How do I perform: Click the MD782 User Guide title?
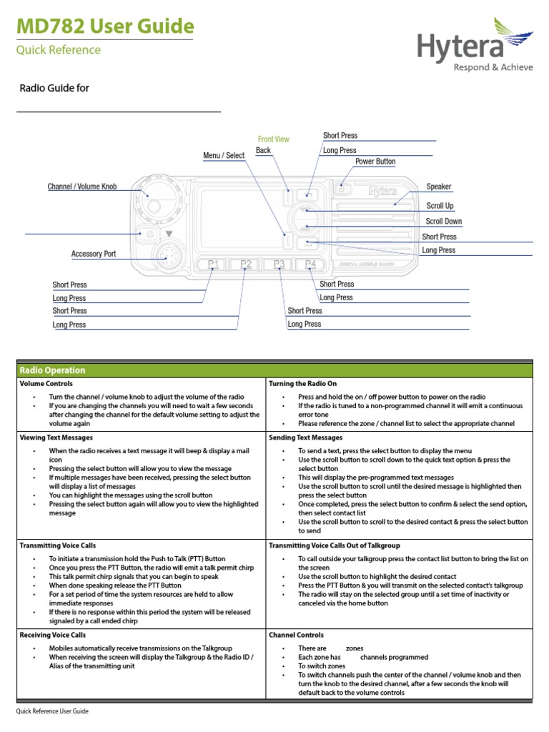[104, 27]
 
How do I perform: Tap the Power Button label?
[375, 162]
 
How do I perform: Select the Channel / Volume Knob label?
[81, 187]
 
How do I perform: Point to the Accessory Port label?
[93, 254]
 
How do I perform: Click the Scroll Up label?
[440, 206]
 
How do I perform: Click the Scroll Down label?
[444, 222]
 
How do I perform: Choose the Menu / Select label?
[224, 155]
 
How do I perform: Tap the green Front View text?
[274, 139]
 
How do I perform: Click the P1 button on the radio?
[213, 265]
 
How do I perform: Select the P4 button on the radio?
[310, 265]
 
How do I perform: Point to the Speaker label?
[439, 187]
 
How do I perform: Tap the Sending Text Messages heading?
[305, 437]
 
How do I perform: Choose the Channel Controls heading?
[296, 635]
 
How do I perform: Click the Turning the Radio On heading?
[302, 384]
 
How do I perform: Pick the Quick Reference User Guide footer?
[52, 712]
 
